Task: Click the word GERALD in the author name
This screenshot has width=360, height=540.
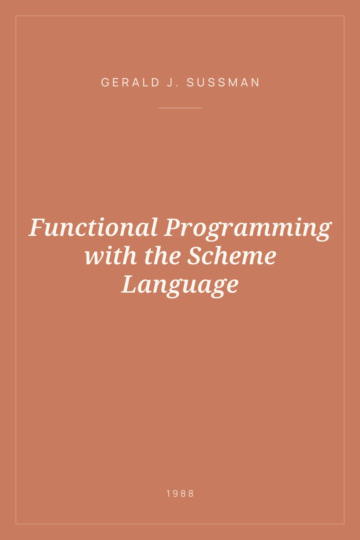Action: pos(130,83)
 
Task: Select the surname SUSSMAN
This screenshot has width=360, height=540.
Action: pos(223,83)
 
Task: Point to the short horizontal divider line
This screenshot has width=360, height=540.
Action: pos(180,108)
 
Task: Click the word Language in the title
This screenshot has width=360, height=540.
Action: pos(180,285)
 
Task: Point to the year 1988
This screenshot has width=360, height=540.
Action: pos(180,493)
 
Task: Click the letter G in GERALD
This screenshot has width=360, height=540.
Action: pos(105,83)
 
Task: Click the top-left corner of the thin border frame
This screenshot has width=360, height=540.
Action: pos(16,16)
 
